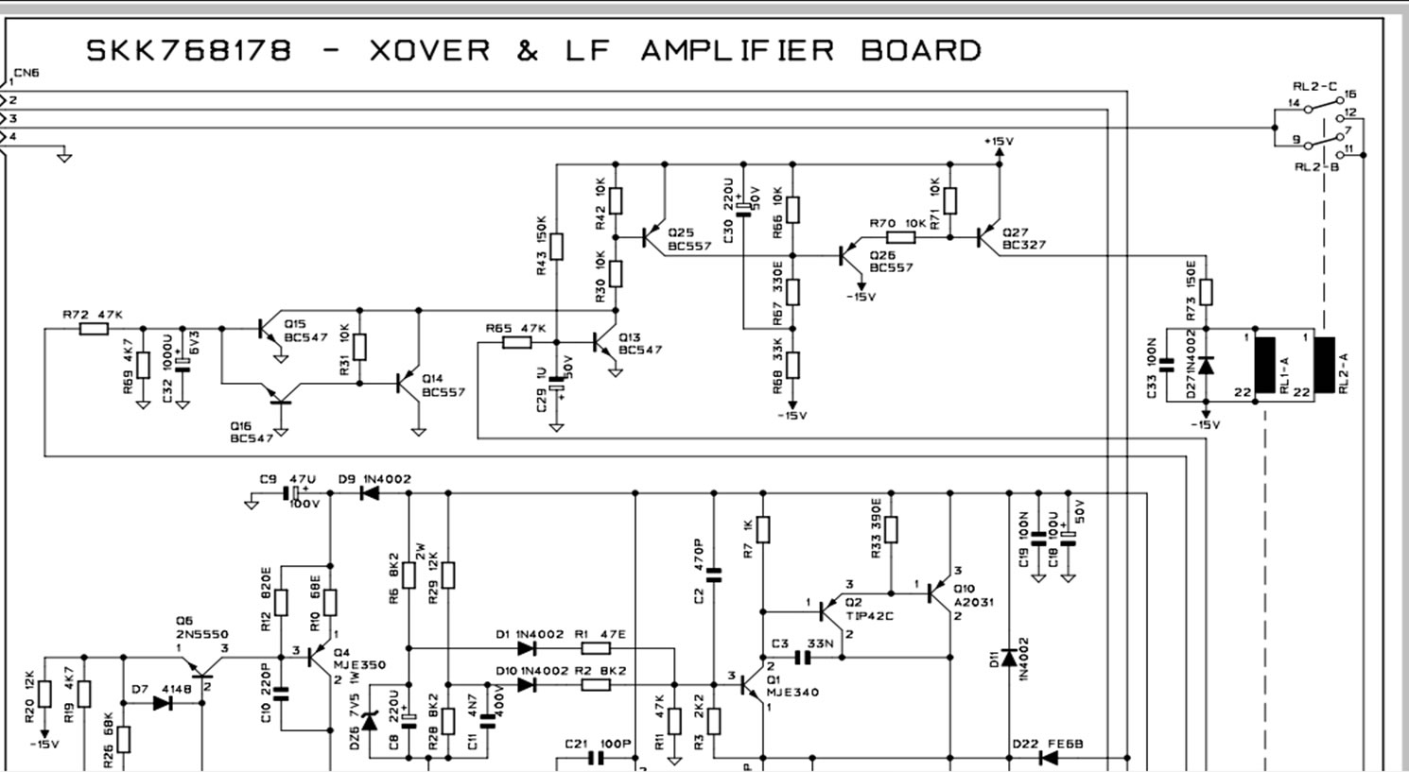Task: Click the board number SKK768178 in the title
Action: tap(189, 50)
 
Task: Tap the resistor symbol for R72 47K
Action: tap(94, 329)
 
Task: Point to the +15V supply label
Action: tap(998, 142)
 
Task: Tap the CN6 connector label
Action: tap(26, 73)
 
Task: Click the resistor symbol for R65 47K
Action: tap(517, 341)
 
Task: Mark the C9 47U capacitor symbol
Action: tap(292, 493)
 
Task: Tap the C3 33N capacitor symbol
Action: tap(804, 658)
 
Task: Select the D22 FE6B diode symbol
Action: tap(1047, 757)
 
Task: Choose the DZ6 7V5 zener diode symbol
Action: tap(369, 721)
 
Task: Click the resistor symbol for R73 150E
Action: tap(1206, 291)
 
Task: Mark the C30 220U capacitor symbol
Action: tap(743, 208)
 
